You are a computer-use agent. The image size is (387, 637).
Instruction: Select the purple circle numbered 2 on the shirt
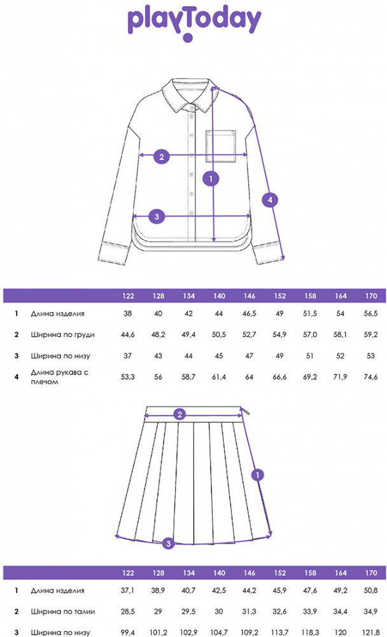162,155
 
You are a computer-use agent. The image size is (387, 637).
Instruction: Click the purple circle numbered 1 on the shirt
210,178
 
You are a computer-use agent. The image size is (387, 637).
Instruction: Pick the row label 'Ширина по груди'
62,334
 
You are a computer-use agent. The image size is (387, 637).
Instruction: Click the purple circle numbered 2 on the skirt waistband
180,415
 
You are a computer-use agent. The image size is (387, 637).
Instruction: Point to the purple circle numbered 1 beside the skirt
257,475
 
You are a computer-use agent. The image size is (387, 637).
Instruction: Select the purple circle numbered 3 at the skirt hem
168,543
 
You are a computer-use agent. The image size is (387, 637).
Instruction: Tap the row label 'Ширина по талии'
62,612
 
